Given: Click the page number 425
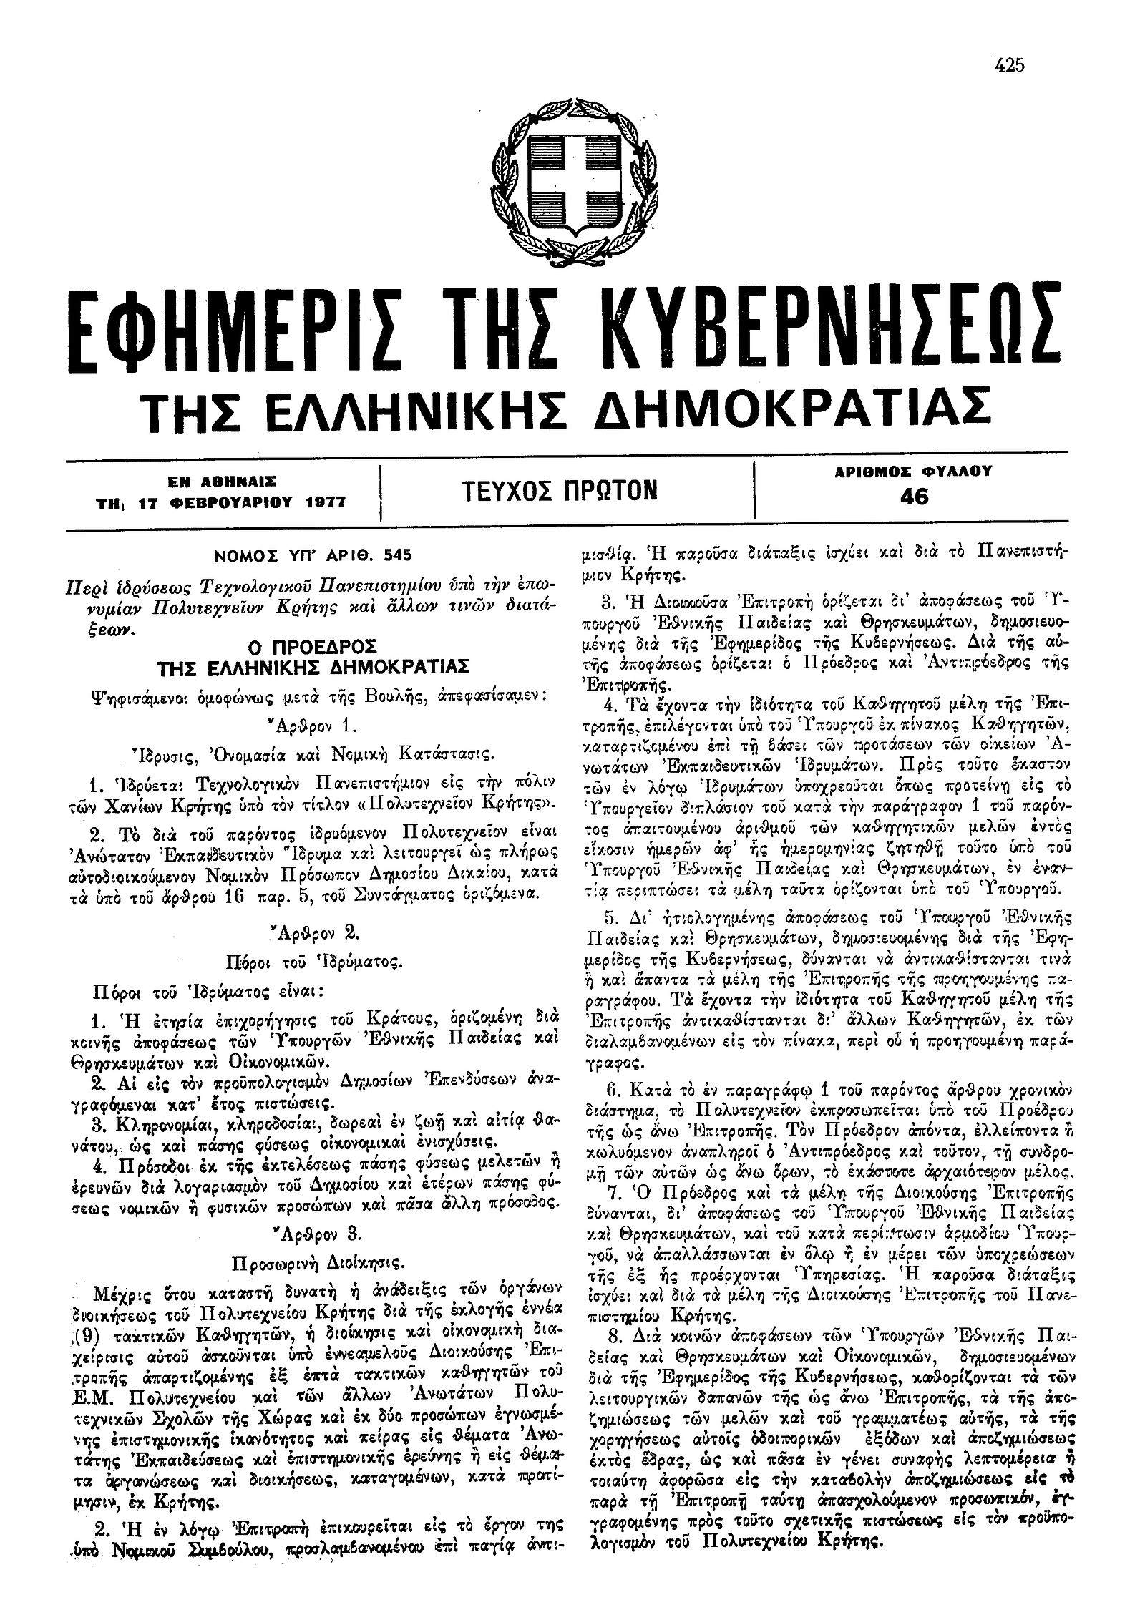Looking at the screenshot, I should (x=1009, y=65).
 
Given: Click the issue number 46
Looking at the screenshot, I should (x=915, y=497).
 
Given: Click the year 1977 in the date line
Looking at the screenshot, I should (x=320, y=503).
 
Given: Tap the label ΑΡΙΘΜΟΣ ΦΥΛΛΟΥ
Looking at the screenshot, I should (x=915, y=472).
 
